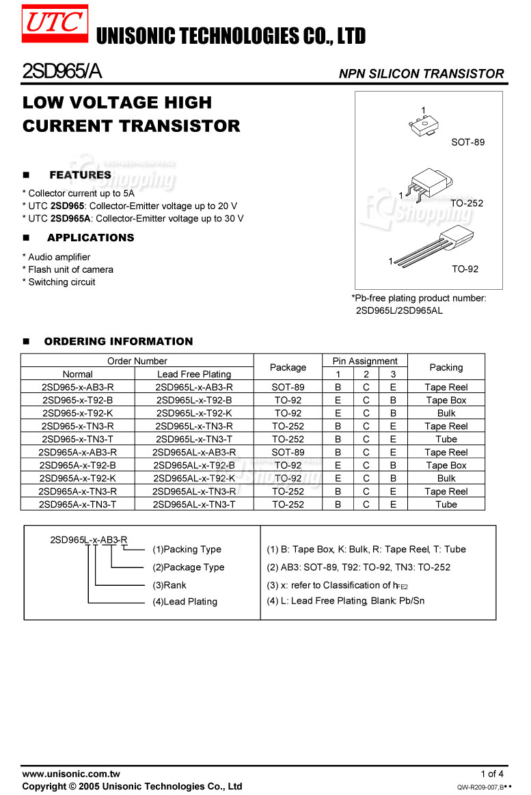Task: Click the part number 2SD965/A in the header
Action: pos(62,71)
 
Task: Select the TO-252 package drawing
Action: pos(428,184)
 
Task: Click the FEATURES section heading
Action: pos(80,175)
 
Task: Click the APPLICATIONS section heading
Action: pos(90,238)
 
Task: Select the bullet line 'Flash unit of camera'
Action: pos(70,269)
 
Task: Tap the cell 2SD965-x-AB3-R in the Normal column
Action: pos(78,387)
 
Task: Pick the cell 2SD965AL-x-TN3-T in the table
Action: pos(194,504)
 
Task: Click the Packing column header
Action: pos(446,367)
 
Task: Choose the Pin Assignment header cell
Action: pos(365,361)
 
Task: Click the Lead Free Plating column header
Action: pos(194,374)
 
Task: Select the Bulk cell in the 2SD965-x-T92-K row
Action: pos(446,413)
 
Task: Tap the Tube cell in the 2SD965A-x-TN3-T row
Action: pos(446,504)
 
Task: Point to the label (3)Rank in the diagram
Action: pos(169,585)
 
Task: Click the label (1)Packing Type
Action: pos(187,549)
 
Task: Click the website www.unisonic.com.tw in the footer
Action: pos(71,774)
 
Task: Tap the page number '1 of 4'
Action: pos(491,774)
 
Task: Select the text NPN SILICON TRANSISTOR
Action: pos(421,74)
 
